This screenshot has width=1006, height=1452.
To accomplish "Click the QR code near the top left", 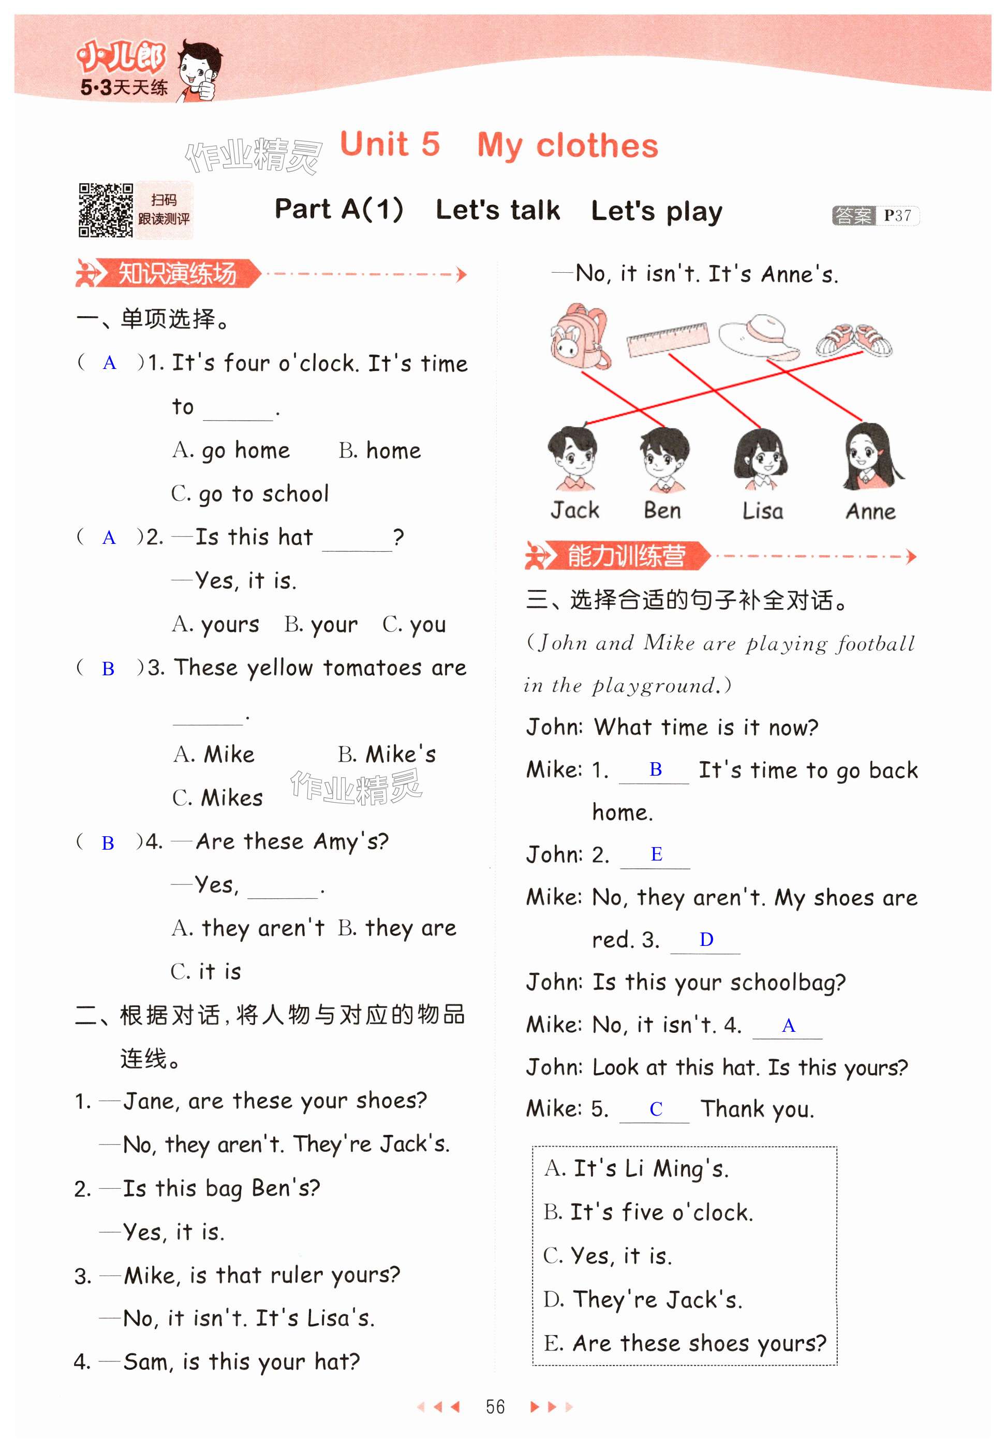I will pyautogui.click(x=105, y=210).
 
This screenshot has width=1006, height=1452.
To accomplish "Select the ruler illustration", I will pyautogui.click(x=668, y=339).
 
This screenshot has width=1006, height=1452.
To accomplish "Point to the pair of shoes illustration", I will pyautogui.click(x=854, y=340).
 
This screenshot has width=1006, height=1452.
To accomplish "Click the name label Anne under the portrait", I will pyautogui.click(x=870, y=511).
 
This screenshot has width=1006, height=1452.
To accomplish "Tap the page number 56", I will pyautogui.click(x=495, y=1406).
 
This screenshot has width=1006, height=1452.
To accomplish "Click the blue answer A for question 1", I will pyautogui.click(x=110, y=364).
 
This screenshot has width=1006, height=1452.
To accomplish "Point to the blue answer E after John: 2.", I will pyautogui.click(x=656, y=854).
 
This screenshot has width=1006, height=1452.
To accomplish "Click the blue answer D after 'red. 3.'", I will pyautogui.click(x=706, y=940).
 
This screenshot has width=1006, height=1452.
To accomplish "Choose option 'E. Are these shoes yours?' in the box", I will pyautogui.click(x=685, y=1343).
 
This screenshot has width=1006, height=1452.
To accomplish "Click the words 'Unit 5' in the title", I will pyautogui.click(x=390, y=144).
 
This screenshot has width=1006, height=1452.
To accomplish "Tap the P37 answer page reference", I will pyautogui.click(x=897, y=216).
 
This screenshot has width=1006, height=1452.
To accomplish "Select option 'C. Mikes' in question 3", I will pyautogui.click(x=217, y=798).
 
